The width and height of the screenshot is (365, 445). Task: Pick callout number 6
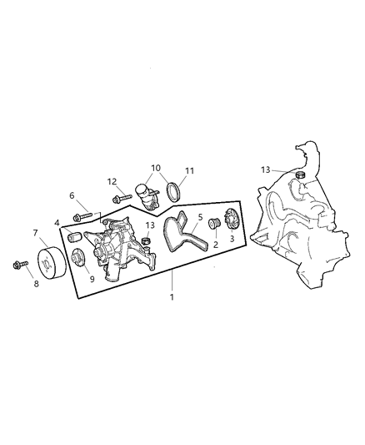pyautogui.click(x=72, y=196)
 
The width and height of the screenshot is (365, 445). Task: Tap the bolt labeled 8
pyautogui.click(x=17, y=266)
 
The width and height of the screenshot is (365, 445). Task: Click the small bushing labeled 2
pyautogui.click(x=212, y=225)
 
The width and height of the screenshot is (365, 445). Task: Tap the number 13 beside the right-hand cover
pyautogui.click(x=264, y=169)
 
